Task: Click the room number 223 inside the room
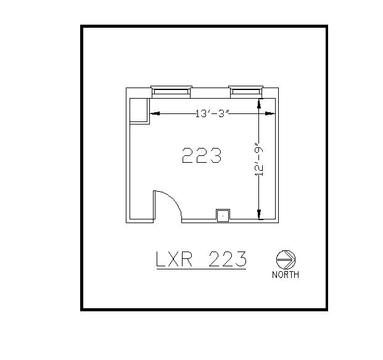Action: [202, 155]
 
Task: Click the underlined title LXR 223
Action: [201, 260]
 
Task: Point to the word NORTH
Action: [286, 275]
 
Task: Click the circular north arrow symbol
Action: [286, 259]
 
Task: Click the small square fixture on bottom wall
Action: [223, 215]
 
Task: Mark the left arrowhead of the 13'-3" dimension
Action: [155, 113]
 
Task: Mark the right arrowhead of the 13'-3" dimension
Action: [270, 113]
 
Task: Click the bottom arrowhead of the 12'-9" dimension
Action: [259, 214]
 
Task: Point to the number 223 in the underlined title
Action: [228, 259]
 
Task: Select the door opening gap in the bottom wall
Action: [167, 219]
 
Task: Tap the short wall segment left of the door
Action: [140, 220]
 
